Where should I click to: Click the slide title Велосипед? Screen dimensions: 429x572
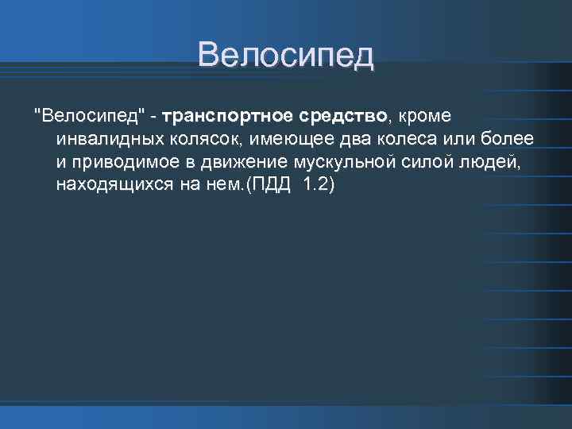point(285,56)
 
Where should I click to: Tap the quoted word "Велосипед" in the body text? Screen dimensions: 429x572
point(90,117)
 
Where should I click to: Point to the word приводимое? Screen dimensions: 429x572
point(122,163)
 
